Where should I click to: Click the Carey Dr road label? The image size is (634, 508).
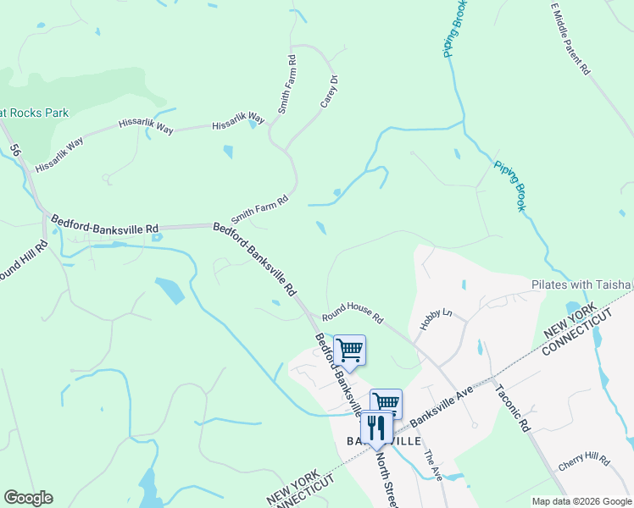329,91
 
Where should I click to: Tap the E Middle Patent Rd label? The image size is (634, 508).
570,39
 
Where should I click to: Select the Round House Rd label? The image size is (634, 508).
352,313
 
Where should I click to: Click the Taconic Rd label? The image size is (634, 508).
512,407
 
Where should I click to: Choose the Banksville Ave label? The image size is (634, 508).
441,410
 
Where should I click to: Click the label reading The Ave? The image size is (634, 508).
433,465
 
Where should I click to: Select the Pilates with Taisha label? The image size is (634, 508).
582,284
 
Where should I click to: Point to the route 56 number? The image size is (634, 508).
15,151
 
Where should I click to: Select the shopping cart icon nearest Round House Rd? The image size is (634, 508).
349,350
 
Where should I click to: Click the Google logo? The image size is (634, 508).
28,498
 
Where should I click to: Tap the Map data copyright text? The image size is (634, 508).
581,501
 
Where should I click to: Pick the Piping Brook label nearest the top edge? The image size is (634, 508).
453,28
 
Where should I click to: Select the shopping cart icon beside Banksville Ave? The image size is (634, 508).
386,402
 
